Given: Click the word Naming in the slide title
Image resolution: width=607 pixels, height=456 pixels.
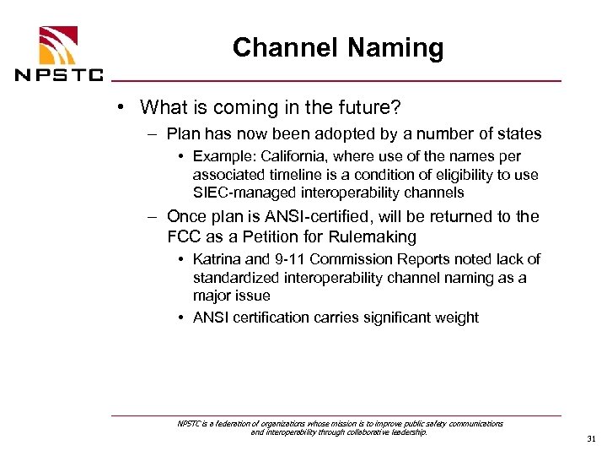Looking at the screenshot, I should pyautogui.click(x=393, y=48).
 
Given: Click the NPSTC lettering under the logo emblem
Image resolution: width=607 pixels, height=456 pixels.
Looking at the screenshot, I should pyautogui.click(x=59, y=74).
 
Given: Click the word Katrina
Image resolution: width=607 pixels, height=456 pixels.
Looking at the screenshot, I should pyautogui.click(x=217, y=258).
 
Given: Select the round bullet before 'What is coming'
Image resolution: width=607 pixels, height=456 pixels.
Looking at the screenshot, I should pyautogui.click(x=122, y=107).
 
